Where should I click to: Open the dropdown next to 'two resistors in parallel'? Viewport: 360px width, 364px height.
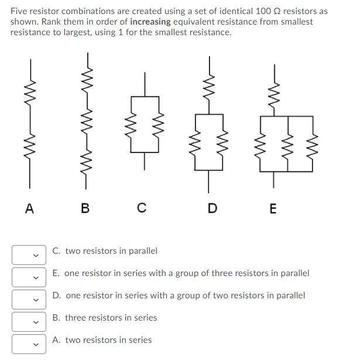tap(28, 254)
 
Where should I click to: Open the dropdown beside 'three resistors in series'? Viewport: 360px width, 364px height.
tap(28, 321)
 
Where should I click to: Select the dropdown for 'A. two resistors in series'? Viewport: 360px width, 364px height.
tap(28, 343)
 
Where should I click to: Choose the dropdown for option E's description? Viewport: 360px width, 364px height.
tap(28, 277)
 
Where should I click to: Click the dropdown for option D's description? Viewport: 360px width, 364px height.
tap(28, 299)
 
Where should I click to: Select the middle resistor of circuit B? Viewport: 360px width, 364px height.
tap(88, 120)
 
